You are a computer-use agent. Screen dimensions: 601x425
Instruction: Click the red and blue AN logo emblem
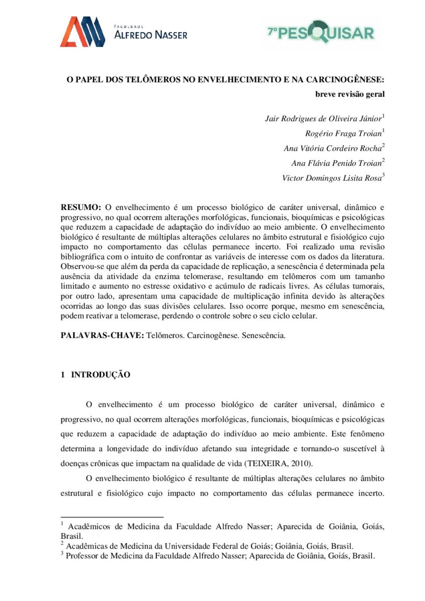pyautogui.click(x=82, y=32)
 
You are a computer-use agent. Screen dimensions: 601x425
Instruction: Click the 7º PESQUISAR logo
pyautogui.click(x=321, y=33)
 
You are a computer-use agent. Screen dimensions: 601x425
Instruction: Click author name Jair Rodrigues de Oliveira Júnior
pyautogui.click(x=323, y=119)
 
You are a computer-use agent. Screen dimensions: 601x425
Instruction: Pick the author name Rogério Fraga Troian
pyautogui.click(x=343, y=133)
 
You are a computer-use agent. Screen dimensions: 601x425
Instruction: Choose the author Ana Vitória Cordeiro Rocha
pyautogui.click(x=332, y=148)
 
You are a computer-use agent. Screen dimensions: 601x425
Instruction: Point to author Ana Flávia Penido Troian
pyautogui.click(x=336, y=163)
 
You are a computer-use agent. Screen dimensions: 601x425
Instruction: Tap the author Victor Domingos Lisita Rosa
pyautogui.click(x=331, y=177)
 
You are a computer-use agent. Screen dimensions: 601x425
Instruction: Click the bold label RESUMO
pyautogui.click(x=81, y=207)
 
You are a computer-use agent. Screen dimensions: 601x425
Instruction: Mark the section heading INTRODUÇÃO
pyautogui.click(x=101, y=375)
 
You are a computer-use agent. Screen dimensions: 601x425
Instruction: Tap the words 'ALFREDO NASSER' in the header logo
pyautogui.click(x=151, y=35)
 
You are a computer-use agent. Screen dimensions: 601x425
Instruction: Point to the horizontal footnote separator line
pyautogui.click(x=112, y=516)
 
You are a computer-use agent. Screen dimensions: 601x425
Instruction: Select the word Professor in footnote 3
pyautogui.click(x=84, y=556)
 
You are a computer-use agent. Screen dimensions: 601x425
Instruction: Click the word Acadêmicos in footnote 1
pyautogui.click(x=90, y=526)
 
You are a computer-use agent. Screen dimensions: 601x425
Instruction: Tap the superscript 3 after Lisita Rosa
pyautogui.click(x=383, y=175)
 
